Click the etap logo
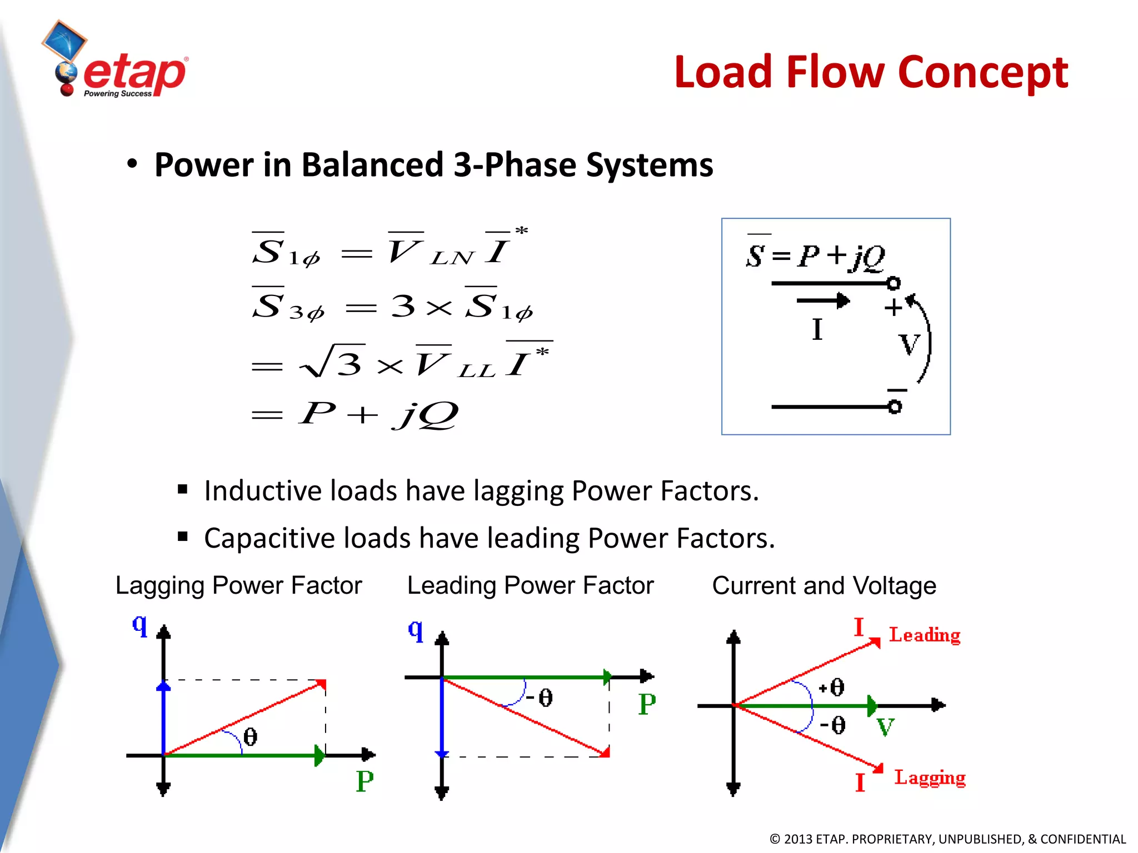tap(119, 64)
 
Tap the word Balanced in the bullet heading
tap(373, 165)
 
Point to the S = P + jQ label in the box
tap(815, 257)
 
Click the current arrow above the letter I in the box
tap(823, 301)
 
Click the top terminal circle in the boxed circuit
tap(894, 283)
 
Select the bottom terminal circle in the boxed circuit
tap(895, 407)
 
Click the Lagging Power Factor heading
tap(238, 585)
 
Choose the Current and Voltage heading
tap(824, 585)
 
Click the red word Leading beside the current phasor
tap(925, 635)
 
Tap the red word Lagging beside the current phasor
tap(930, 777)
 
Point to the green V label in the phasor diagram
tap(885, 727)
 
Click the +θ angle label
tap(832, 688)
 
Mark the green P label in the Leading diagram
tap(647, 705)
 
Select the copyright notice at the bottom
tap(947, 839)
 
